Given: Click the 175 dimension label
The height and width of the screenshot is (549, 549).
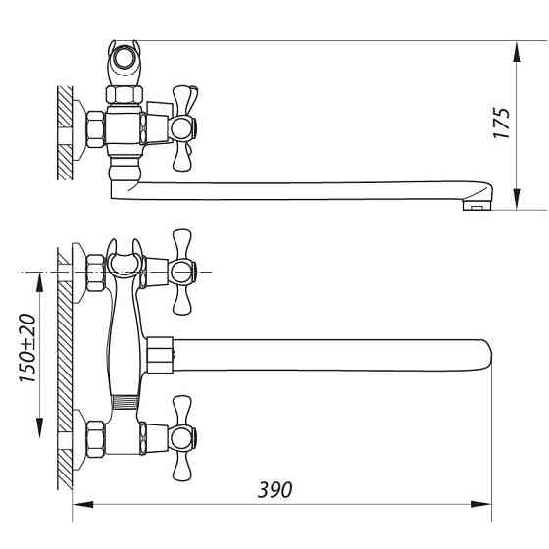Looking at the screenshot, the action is pyautogui.click(x=501, y=123).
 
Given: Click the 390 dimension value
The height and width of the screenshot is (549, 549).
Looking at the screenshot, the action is pyautogui.click(x=274, y=490).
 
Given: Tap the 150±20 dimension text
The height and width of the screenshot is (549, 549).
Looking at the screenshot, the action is pyautogui.click(x=27, y=348).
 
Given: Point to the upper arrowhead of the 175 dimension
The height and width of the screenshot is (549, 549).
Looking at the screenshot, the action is pyautogui.click(x=517, y=52).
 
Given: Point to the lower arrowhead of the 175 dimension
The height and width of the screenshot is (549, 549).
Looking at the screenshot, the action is pyautogui.click(x=517, y=199).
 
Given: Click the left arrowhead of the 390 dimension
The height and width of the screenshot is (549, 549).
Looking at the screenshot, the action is pyautogui.click(x=83, y=505).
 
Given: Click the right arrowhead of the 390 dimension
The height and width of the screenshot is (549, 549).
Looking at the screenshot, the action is pyautogui.click(x=480, y=505).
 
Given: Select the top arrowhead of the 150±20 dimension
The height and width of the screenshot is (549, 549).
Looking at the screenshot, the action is pyautogui.click(x=40, y=282).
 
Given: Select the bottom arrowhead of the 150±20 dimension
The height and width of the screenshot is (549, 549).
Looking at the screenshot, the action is pyautogui.click(x=40, y=427).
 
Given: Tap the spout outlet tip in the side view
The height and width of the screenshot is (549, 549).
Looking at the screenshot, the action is pyautogui.click(x=476, y=206).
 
